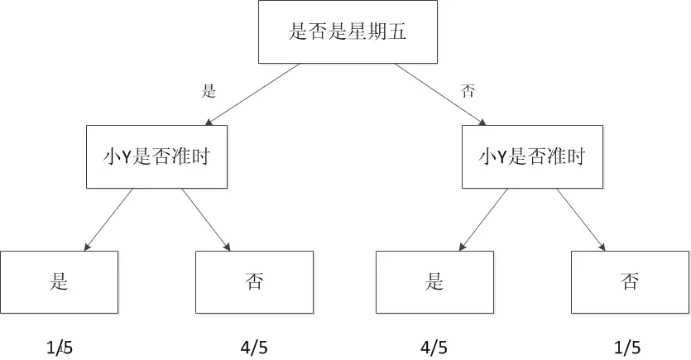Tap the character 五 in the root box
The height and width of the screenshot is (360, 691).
click(x=396, y=31)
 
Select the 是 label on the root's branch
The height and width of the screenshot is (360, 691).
click(x=209, y=91)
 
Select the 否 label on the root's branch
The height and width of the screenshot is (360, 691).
click(x=468, y=91)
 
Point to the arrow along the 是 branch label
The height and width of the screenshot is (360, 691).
click(x=252, y=94)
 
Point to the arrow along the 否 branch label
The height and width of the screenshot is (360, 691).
click(x=439, y=94)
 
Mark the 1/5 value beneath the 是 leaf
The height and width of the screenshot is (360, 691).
click(x=60, y=348)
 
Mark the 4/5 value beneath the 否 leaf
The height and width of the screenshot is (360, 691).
click(x=254, y=348)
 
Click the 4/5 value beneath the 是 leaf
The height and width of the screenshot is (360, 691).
click(x=434, y=348)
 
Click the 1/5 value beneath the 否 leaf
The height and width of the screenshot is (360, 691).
click(x=627, y=348)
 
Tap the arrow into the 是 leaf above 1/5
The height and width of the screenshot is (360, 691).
click(x=108, y=219)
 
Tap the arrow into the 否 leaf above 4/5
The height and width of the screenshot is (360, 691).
click(x=206, y=219)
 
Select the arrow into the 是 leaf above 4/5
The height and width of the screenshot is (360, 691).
click(x=483, y=219)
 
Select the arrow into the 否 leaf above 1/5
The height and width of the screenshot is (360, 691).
click(x=581, y=219)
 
